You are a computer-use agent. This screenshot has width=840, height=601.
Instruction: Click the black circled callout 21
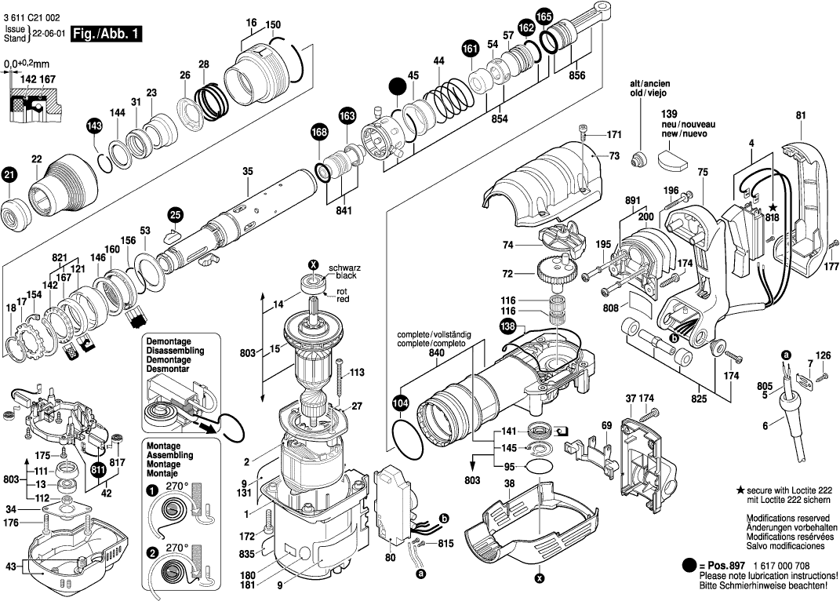9,176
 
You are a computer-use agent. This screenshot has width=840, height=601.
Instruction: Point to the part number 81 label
800,116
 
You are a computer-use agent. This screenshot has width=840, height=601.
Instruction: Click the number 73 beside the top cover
613,157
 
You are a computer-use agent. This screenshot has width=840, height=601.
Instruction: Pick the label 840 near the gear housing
435,352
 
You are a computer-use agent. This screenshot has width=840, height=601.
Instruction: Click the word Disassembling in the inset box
174,351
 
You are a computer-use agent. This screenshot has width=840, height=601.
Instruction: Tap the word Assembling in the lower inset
170,455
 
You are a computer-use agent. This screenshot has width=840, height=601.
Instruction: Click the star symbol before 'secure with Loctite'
740,489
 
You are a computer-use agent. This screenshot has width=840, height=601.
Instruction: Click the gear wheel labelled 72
556,275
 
